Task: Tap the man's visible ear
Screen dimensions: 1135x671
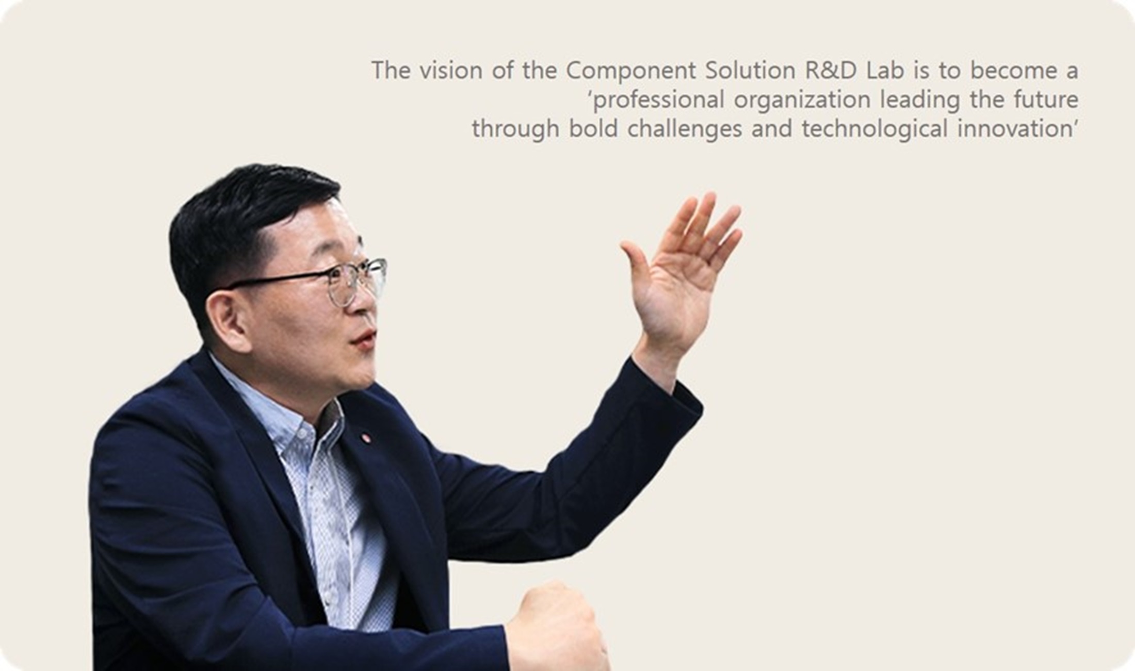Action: [x=225, y=320]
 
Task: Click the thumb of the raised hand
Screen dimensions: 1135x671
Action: [x=638, y=268]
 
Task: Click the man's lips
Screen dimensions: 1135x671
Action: [x=364, y=340]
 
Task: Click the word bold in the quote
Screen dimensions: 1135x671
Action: [x=593, y=129]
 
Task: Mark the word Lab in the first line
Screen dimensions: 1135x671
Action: [x=885, y=71]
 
